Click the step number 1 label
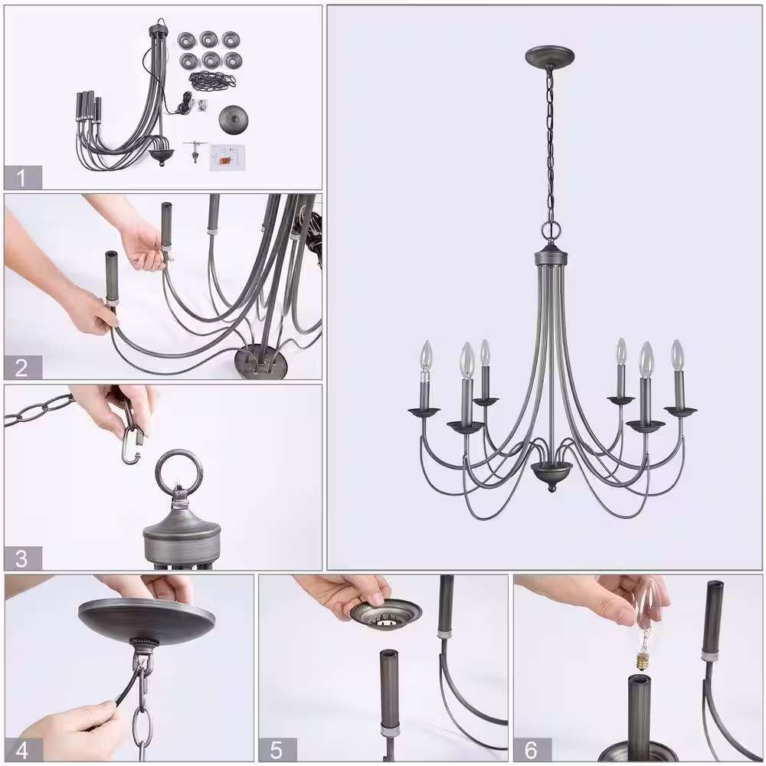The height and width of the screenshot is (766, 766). (x=21, y=178)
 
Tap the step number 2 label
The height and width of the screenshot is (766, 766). (x=21, y=368)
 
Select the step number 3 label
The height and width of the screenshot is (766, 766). (x=21, y=558)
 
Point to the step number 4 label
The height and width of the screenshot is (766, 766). (x=22, y=750)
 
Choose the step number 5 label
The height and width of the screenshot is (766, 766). (x=277, y=750)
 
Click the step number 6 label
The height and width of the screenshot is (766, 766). (x=531, y=750)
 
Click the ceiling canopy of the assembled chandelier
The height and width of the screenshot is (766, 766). (x=549, y=56)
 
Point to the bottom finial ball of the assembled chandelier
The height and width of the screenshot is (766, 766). (x=552, y=488)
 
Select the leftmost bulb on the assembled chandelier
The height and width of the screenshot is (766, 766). (x=427, y=356)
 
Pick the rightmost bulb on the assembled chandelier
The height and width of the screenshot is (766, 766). (x=676, y=355)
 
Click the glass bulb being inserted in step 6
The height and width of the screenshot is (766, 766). (x=648, y=616)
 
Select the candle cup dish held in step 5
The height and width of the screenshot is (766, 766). (x=386, y=613)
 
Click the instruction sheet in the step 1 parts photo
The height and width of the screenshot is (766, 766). (x=226, y=157)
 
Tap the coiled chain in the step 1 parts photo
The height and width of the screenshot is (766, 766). (x=212, y=79)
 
